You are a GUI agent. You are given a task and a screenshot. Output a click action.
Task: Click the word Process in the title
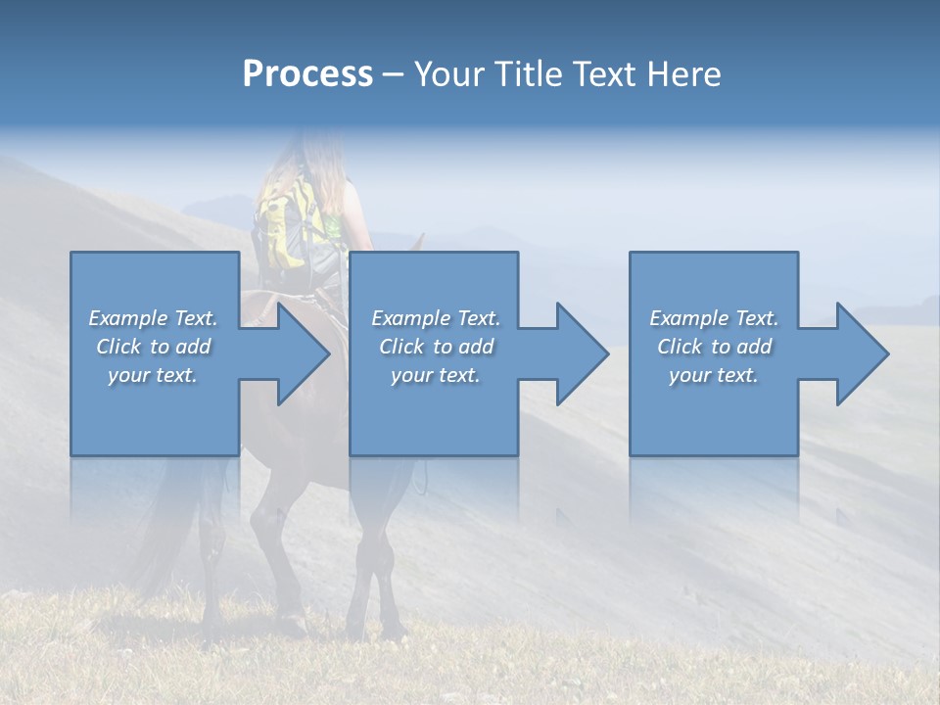307,74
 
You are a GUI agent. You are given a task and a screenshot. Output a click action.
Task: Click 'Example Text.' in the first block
153,318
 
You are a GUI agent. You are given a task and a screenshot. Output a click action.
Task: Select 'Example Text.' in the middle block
436,318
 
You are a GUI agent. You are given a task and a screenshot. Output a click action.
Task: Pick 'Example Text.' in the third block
714,318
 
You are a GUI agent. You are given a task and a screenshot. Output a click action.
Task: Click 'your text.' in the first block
153,376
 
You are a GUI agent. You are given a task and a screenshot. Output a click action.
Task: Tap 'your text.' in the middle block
436,376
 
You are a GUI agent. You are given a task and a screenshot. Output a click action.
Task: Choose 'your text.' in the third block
714,376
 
